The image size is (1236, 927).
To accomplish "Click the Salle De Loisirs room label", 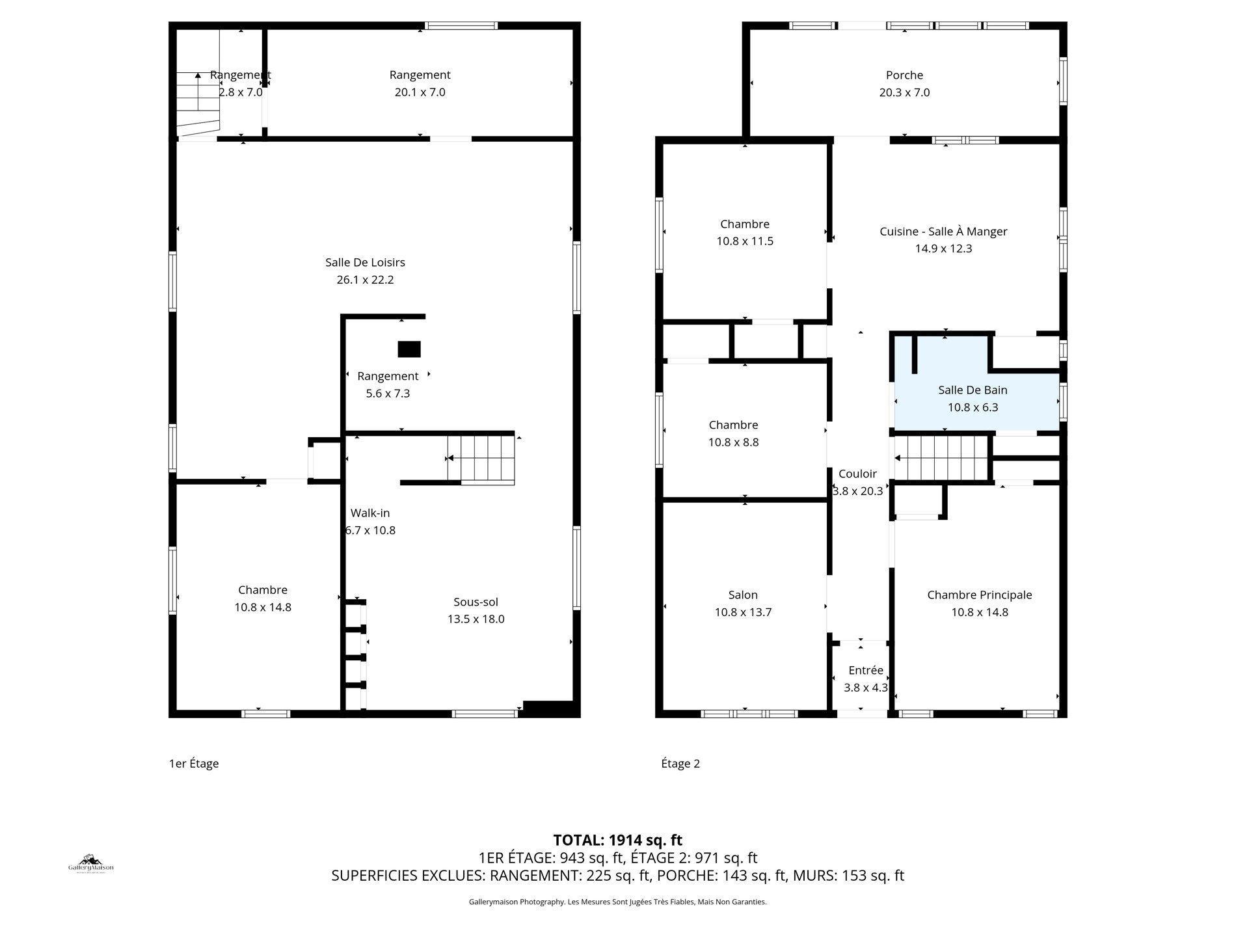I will pos(365,263).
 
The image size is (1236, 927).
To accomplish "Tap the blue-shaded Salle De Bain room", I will pos(972,398).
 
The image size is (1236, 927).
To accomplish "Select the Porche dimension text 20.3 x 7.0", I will pos(904,92).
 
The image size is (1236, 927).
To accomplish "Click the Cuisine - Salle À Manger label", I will pos(943,232).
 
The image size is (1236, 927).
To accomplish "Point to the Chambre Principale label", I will pos(979,595).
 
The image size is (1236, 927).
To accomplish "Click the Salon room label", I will pos(743,595).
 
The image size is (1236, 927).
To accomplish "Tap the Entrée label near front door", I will pos(866,671).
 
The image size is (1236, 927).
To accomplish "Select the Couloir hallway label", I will pos(857,474).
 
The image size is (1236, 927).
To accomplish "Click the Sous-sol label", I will pos(476,602).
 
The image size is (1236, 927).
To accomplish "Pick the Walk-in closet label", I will pos(370,513).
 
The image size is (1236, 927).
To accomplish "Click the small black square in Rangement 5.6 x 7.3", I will pos(409,349).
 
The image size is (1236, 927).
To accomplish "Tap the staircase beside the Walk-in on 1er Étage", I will pos(481,459).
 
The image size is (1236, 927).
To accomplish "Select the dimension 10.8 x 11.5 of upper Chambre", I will pos(745,241).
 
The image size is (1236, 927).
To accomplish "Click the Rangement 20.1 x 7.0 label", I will pos(420,75).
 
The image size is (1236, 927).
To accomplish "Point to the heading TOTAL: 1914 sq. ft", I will pos(617,840).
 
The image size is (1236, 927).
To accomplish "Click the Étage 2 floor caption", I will pos(680,764).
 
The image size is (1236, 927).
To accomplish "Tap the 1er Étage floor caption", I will pos(194,764).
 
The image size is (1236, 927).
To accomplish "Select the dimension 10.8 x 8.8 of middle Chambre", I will pos(733,442).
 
